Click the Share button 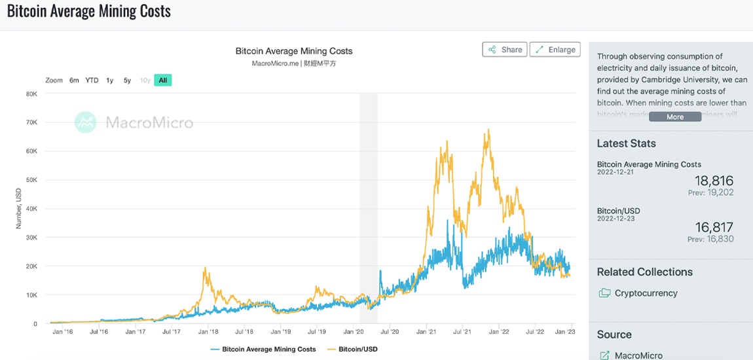[505, 50]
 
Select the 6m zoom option [74, 81]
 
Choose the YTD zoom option [92, 81]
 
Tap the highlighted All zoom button [163, 81]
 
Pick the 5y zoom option [127, 81]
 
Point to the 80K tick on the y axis [31, 94]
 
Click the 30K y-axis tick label [31, 238]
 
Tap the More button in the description [675, 117]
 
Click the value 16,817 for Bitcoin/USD [714, 227]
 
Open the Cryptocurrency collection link [646, 293]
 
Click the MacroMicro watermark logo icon [85, 122]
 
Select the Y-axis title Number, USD [19, 208]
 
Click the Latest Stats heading [626, 143]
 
